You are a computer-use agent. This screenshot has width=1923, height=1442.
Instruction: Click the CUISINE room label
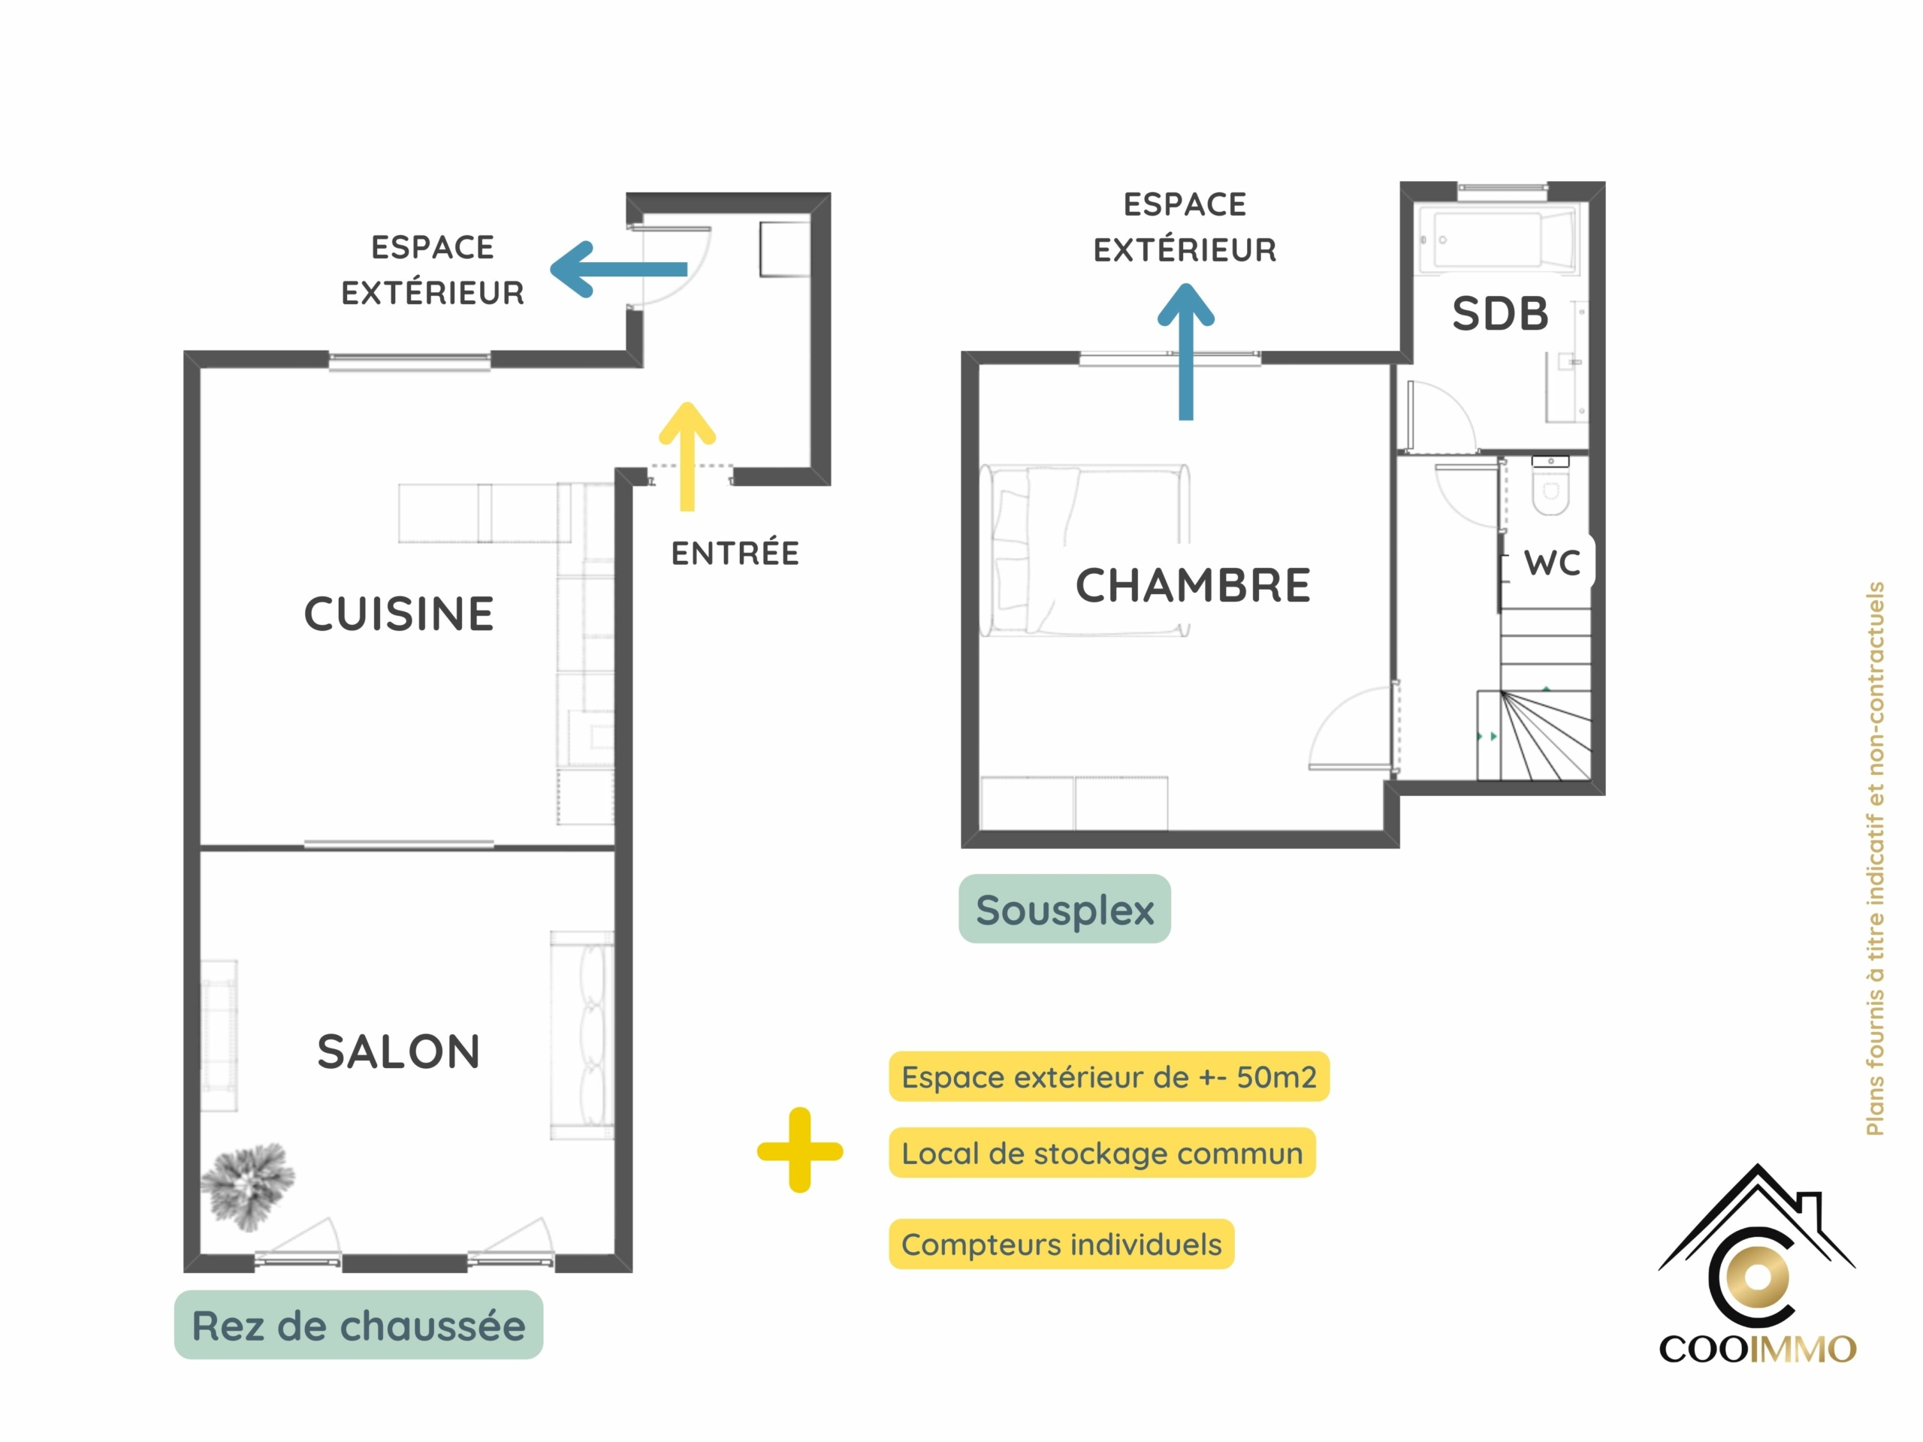[x=399, y=614]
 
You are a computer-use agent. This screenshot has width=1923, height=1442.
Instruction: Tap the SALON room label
[x=399, y=1051]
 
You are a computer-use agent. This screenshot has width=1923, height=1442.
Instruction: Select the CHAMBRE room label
[x=1193, y=585]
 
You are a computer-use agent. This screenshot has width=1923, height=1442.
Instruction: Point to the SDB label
[x=1501, y=314]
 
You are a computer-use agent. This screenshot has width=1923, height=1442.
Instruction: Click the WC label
[x=1553, y=563]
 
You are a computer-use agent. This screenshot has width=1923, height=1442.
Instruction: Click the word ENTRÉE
[x=735, y=553]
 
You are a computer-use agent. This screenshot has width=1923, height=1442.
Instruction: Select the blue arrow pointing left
[x=619, y=270]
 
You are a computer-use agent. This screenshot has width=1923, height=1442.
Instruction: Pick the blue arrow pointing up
[x=1186, y=351]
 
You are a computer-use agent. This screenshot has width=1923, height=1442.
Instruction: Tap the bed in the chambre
[x=1084, y=551]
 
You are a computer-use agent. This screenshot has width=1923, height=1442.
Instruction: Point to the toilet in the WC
[x=1550, y=486]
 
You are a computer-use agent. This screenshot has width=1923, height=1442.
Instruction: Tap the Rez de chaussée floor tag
[x=358, y=1325]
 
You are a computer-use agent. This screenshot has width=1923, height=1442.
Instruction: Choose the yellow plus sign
[x=800, y=1150]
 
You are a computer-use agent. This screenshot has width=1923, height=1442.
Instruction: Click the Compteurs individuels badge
[x=1061, y=1244]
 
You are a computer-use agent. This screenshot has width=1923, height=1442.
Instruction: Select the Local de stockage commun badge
[x=1102, y=1153]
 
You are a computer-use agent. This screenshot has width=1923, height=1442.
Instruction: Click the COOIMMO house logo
[x=1757, y=1264]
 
